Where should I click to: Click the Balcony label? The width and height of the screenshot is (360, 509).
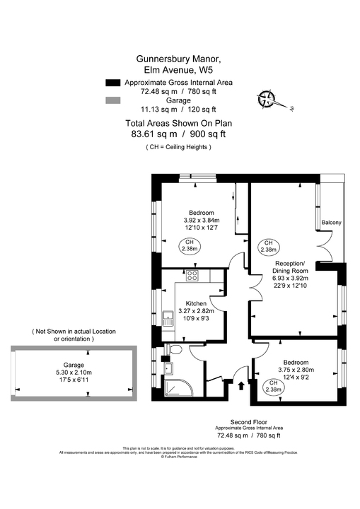(x=331, y=223)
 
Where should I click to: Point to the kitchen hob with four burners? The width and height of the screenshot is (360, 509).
(x=192, y=276)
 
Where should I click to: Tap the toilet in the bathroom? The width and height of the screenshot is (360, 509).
(x=175, y=350)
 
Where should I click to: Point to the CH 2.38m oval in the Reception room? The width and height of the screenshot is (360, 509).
(x=268, y=246)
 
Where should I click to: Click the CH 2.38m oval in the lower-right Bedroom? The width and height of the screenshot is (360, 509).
(x=273, y=385)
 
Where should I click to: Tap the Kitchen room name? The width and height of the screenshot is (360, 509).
(x=197, y=303)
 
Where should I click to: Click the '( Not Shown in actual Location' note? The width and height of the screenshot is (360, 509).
(x=74, y=331)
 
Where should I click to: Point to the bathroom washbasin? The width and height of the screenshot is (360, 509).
(x=167, y=368)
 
